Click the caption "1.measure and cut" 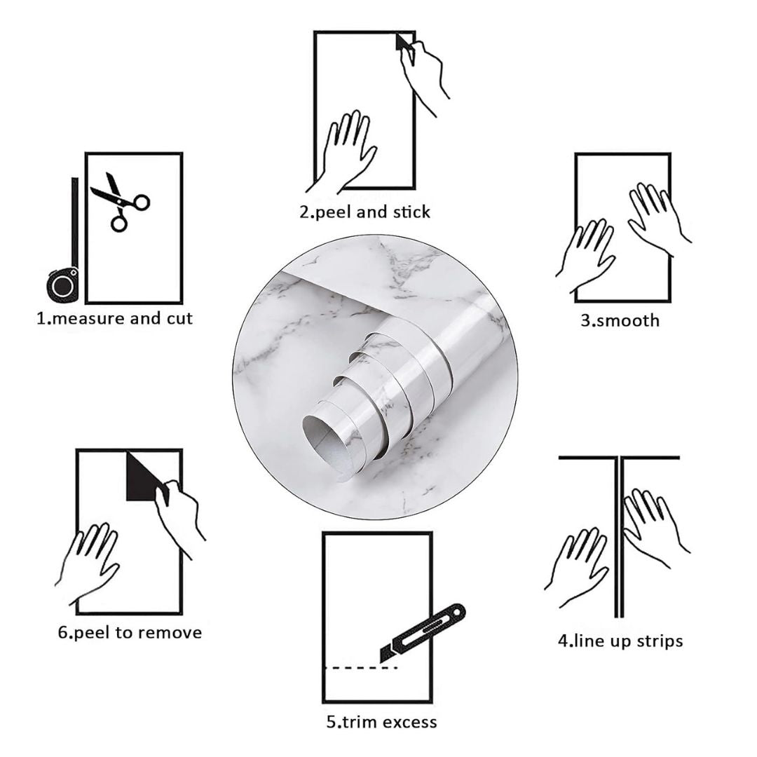[x=114, y=319]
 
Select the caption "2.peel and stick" [x=365, y=212]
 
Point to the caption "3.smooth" [x=620, y=321]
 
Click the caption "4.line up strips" [x=620, y=641]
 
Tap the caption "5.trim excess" [x=381, y=722]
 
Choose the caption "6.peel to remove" [x=130, y=633]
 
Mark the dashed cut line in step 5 [x=362, y=668]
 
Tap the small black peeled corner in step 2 [x=402, y=43]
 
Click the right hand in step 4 [x=652, y=526]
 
